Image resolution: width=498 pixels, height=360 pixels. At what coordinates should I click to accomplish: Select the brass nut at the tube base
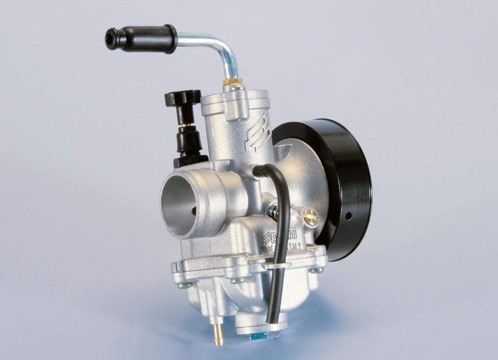(x=232, y=82)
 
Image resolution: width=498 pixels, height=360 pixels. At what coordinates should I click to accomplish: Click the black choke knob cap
(x=182, y=98)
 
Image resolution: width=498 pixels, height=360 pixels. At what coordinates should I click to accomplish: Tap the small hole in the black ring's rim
(x=348, y=216)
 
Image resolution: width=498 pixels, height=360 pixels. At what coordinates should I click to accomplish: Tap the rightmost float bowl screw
(x=317, y=270)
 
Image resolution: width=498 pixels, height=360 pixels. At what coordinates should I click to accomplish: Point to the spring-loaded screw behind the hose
(x=274, y=212)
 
